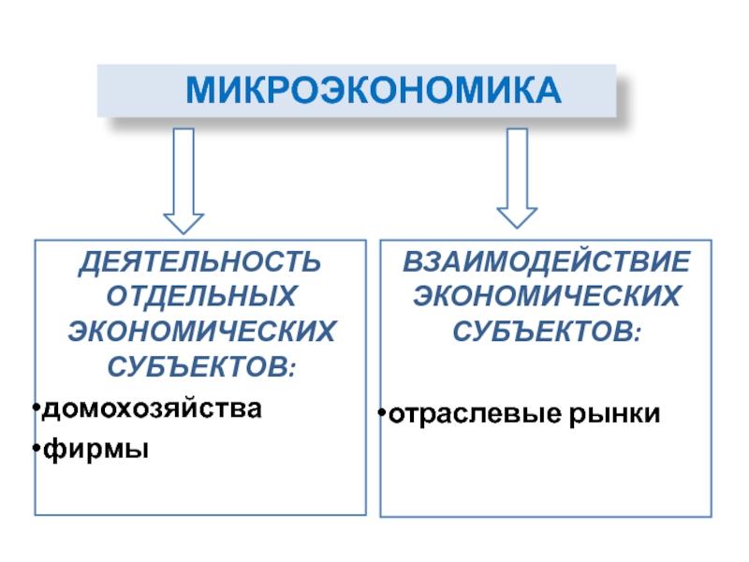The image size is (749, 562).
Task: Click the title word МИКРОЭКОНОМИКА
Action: [373, 90]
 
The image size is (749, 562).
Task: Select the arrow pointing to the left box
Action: [184, 181]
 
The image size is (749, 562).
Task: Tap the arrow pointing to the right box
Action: [517, 178]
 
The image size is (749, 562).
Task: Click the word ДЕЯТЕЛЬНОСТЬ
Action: [199, 262]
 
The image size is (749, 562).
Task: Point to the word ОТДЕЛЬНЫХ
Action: [201, 296]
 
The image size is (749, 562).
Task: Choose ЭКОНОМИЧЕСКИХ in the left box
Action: [201, 332]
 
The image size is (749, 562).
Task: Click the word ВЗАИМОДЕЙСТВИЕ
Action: [547, 261]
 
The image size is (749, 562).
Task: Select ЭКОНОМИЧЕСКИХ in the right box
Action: [547, 296]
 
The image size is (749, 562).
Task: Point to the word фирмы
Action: [95, 450]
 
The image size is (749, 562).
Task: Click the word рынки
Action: [614, 414]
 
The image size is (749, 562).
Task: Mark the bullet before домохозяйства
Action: [37, 407]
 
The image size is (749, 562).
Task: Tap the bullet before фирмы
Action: [37, 448]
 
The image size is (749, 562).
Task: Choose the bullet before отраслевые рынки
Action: [381, 412]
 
